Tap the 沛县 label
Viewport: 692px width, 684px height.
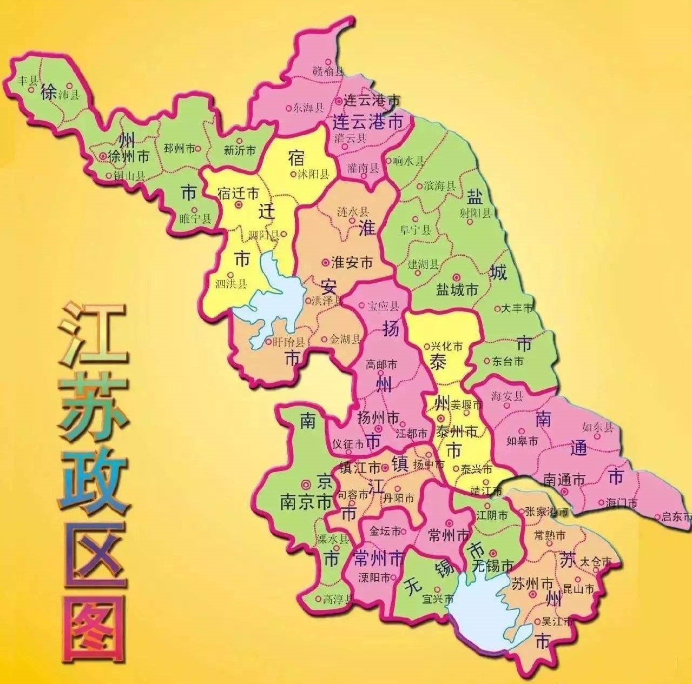pos(68,95)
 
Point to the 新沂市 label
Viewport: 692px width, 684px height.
pos(239,150)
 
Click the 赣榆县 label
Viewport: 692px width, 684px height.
pos(328,70)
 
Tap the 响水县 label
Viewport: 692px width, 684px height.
pos(410,161)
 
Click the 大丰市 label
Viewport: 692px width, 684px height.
pos(517,308)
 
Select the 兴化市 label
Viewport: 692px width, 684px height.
pos(446,346)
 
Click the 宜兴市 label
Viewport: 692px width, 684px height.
pos(438,599)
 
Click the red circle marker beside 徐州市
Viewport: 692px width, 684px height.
pos(103,156)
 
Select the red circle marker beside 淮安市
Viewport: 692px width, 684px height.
pos(325,263)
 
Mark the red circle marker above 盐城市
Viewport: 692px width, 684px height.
pos(456,276)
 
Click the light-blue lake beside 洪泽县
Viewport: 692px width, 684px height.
pos(273,295)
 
